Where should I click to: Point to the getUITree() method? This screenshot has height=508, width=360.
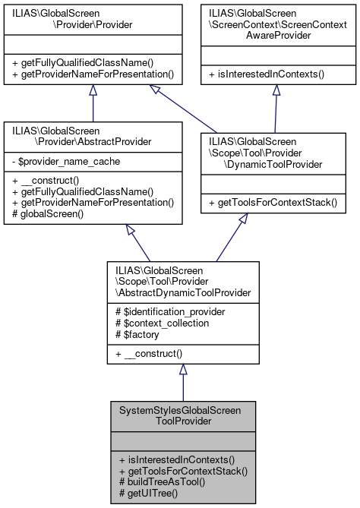[150, 493]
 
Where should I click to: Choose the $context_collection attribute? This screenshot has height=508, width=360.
[162, 322]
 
